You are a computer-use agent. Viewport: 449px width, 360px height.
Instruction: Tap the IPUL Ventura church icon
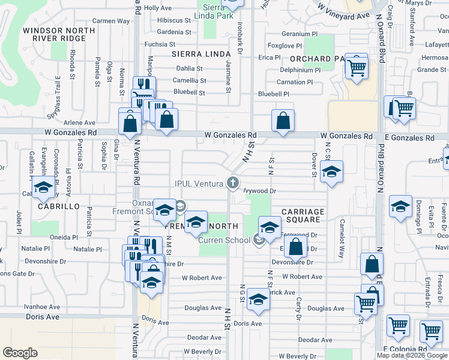coord(233,183)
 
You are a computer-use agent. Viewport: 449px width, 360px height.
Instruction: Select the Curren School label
coord(224,240)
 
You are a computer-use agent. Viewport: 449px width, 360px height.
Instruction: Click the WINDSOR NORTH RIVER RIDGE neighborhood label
coord(54,34)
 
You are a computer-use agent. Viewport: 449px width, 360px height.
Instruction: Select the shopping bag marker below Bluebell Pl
coord(283,121)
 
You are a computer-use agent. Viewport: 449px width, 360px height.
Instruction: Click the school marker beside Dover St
coord(332,173)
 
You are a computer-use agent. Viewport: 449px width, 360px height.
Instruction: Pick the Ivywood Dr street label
coord(259,191)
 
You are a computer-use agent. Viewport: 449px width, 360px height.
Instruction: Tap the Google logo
coord(20,352)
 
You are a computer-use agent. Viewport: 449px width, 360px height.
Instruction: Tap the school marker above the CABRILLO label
coord(43,188)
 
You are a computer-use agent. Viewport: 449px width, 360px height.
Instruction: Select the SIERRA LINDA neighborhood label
coord(193,54)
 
